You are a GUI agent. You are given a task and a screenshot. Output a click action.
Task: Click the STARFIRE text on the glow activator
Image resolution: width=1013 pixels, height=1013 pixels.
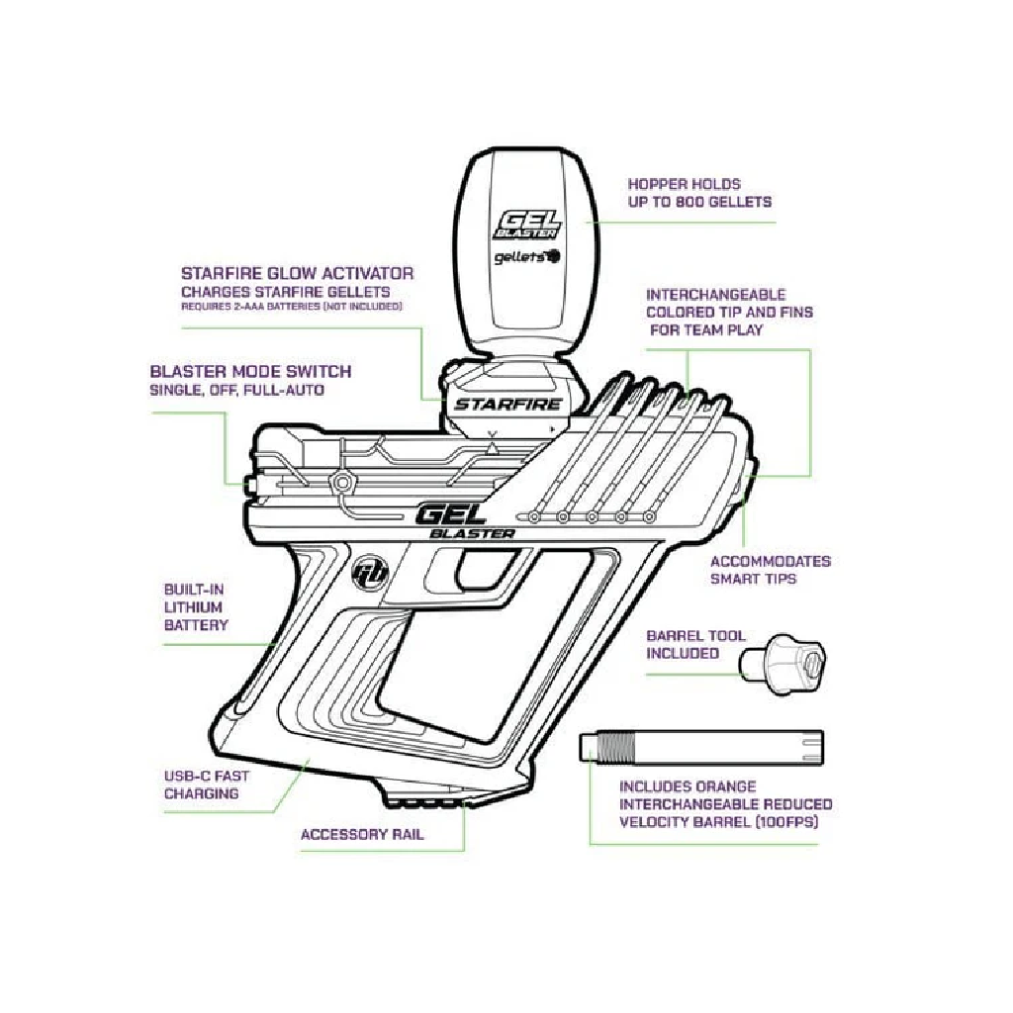point(507,404)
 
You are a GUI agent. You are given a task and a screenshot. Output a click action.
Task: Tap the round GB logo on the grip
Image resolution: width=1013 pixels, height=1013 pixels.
point(368,573)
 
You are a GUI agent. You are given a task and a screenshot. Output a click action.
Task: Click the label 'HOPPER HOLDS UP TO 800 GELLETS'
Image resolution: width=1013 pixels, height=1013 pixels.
point(699,193)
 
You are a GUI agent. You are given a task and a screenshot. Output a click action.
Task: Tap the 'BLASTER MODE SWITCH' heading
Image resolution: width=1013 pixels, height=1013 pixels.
point(250,372)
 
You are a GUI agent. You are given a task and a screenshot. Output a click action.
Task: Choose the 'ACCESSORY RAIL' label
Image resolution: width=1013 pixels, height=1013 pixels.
point(362,834)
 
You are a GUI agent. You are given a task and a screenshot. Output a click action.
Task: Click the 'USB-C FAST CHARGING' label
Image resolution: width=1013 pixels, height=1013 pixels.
point(207,784)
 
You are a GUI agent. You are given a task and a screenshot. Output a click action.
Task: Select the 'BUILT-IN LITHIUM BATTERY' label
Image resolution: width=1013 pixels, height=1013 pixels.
point(196,606)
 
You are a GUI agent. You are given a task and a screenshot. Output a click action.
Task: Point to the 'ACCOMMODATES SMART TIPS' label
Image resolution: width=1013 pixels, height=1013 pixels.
point(770,569)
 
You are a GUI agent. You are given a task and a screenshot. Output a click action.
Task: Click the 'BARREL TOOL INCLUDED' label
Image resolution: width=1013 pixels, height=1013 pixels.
point(695,644)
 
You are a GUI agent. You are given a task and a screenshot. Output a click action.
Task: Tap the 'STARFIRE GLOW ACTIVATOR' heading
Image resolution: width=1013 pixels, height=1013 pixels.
point(297,273)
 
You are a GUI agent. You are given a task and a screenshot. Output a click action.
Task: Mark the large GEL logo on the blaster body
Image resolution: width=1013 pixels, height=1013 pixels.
point(450,514)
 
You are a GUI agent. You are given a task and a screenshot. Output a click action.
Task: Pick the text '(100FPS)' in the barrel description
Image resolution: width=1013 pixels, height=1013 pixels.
point(783,821)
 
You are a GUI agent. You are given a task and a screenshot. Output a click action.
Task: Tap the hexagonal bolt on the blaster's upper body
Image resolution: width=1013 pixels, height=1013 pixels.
point(342,482)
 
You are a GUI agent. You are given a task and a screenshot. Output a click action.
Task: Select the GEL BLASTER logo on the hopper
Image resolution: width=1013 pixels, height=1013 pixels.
point(527,223)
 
